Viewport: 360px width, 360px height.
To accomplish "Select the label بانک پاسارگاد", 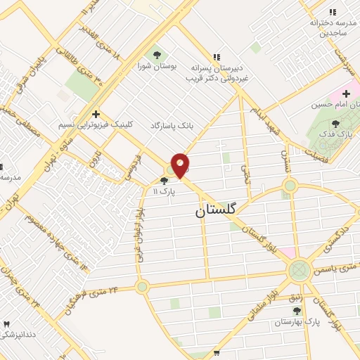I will (171, 125).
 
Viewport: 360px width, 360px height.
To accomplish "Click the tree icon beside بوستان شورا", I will (157, 55).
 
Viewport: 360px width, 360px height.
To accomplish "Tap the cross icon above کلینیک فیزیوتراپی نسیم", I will (96, 114).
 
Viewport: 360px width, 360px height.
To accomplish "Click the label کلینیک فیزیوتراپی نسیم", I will (96, 124).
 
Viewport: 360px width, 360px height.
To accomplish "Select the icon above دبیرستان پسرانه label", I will (217, 56).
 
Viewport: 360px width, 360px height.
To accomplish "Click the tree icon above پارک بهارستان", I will (297, 310).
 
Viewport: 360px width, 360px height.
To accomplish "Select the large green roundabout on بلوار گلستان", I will (300, 270).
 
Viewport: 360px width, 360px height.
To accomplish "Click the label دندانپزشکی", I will (18, 335).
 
